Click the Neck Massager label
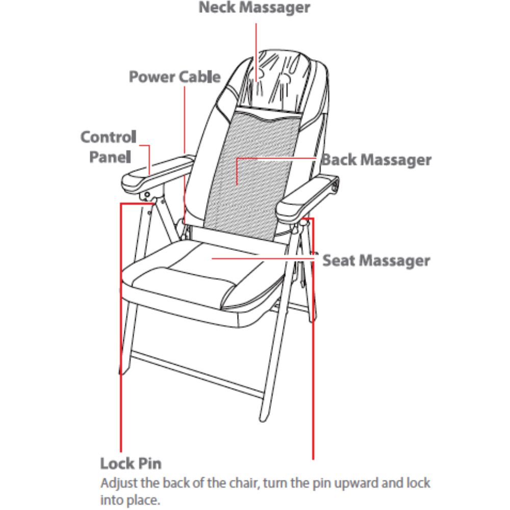click(x=254, y=8)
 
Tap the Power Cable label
click(x=174, y=77)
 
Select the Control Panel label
click(x=109, y=147)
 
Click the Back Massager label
click(x=376, y=160)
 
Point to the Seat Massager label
click(x=376, y=261)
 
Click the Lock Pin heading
click(x=131, y=464)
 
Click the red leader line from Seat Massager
click(x=265, y=259)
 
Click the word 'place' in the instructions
click(x=148, y=498)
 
